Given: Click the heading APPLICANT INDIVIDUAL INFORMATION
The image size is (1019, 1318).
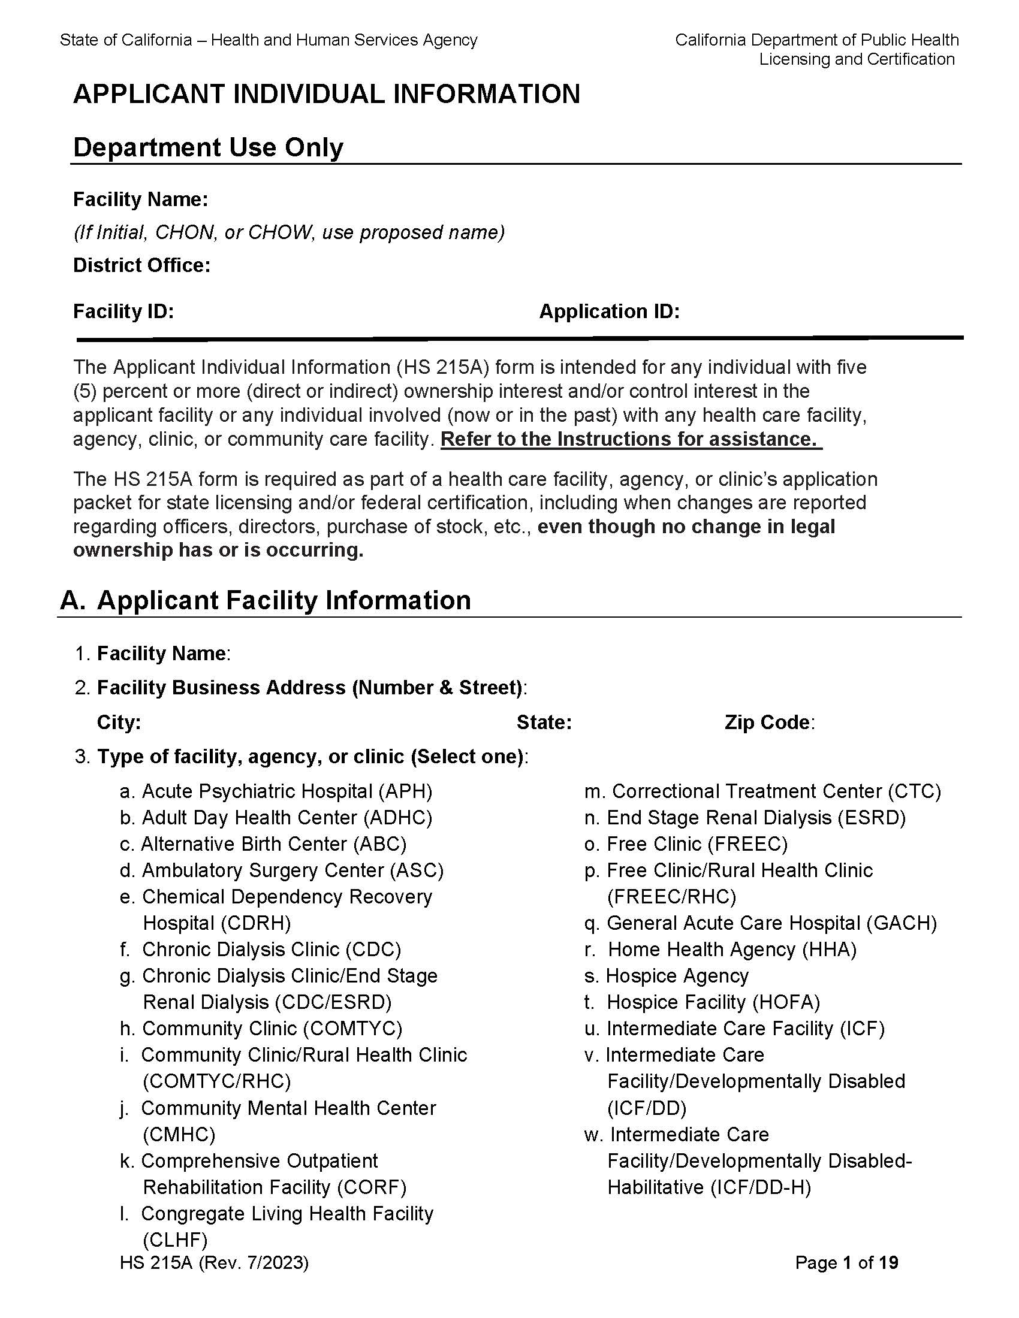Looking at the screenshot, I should point(326,95).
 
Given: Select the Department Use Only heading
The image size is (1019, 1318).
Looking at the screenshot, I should point(207,147).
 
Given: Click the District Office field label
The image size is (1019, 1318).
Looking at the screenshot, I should point(141,265).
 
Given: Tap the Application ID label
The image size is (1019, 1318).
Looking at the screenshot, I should point(609,312).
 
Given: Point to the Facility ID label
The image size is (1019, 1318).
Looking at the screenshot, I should point(123,312).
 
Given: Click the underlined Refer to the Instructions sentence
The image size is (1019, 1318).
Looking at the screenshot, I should point(631,439).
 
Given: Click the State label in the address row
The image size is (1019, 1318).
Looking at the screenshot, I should point(544,723).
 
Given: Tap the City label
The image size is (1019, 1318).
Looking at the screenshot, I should point(119,723).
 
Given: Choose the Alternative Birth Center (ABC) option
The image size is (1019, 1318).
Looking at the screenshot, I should point(263,844).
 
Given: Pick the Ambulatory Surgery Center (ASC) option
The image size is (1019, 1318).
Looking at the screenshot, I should point(281,870).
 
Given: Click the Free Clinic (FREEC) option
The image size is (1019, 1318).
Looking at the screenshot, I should point(686,844).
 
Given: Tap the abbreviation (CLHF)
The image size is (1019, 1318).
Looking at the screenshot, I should point(175,1240).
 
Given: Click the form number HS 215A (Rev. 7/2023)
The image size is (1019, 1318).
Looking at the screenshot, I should point(215,1263).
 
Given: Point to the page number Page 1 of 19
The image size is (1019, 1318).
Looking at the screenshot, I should point(846,1262).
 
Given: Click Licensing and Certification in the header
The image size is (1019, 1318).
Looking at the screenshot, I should point(857,59).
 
